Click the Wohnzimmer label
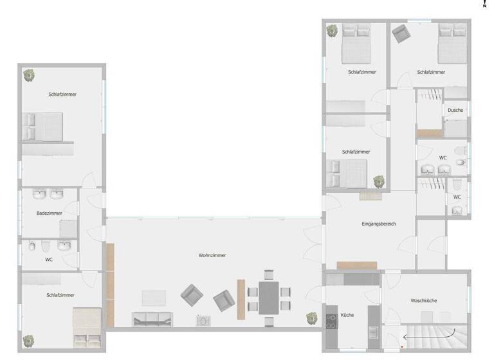coord(212,255)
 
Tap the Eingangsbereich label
coord(379,224)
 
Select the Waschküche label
coord(424,300)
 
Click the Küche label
coord(347,315)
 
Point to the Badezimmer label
coord(49,213)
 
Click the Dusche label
coord(455,110)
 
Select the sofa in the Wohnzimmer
coord(152,319)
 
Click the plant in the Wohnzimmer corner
coord(312,318)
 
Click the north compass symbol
coord(484,4)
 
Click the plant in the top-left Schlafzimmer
coord(29,76)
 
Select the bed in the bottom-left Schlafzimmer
coord(87,327)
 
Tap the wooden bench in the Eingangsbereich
coord(356,265)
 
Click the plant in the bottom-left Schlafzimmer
coord(28,341)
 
